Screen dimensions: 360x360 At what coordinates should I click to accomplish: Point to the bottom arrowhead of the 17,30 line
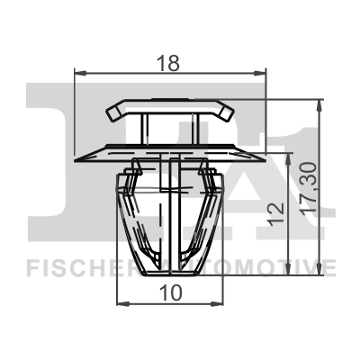click(321, 277)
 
